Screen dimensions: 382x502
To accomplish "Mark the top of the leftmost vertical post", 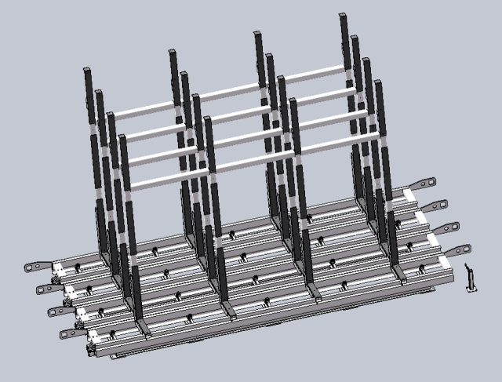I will (x=88, y=71).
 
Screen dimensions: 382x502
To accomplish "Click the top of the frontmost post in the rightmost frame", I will (x=378, y=82).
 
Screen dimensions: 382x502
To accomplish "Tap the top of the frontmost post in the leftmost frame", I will (x=123, y=138).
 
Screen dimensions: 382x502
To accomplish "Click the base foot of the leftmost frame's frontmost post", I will (x=141, y=326).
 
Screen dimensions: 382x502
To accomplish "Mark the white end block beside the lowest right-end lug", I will (x=445, y=262).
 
